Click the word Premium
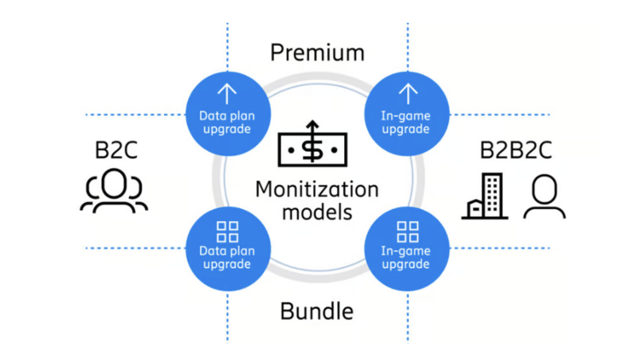tap(317, 52)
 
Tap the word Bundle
tap(317, 311)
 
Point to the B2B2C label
tap(515, 149)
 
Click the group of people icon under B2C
tap(114, 192)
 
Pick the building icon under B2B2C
tap(485, 195)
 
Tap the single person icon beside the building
tap(544, 197)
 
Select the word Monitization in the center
tap(317, 190)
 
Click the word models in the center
tap(317, 212)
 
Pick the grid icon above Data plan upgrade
tap(226, 232)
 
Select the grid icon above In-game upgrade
tap(406, 232)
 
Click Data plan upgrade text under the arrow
tap(226, 122)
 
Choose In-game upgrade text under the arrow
tap(406, 122)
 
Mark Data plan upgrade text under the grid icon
tap(226, 257)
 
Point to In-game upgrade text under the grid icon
tap(406, 257)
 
